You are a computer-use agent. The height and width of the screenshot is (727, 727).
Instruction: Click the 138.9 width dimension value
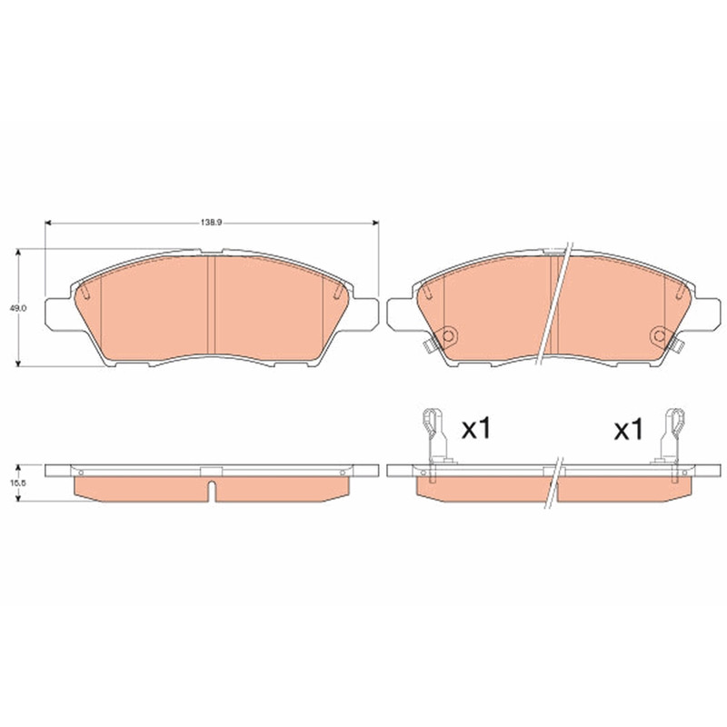pyautogui.click(x=212, y=222)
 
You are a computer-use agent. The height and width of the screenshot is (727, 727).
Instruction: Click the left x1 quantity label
pyautogui.click(x=475, y=429)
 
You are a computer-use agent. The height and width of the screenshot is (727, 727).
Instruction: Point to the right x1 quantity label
pyautogui.click(x=628, y=430)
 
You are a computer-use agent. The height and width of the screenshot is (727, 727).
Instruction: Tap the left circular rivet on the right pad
pyautogui.click(x=448, y=334)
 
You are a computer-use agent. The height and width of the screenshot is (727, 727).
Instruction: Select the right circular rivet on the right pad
pyautogui.click(x=658, y=334)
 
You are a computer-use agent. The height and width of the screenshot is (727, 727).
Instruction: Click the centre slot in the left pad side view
pyautogui.click(x=212, y=492)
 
